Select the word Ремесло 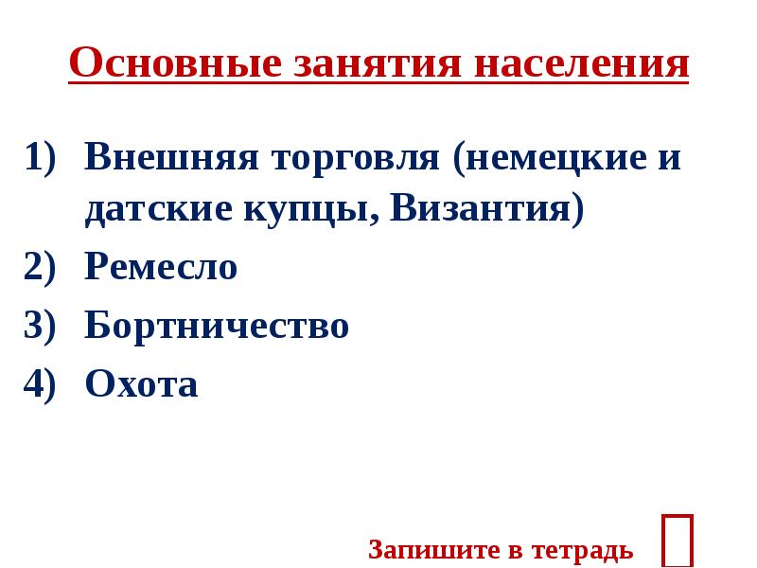(161, 268)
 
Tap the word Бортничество (217, 327)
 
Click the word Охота (141, 384)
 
